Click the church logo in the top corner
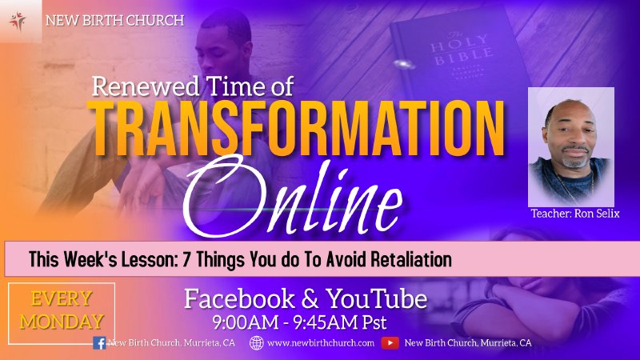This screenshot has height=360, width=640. [19, 20]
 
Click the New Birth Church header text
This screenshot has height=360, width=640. [114, 19]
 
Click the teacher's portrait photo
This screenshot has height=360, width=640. [570, 147]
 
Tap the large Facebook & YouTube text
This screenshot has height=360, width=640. [306, 301]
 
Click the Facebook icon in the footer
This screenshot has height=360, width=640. [100, 343]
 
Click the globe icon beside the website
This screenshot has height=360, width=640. [257, 343]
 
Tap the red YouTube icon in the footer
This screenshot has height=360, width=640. [390, 343]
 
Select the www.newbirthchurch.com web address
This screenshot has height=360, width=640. [321, 343]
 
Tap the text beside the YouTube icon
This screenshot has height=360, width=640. [468, 343]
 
